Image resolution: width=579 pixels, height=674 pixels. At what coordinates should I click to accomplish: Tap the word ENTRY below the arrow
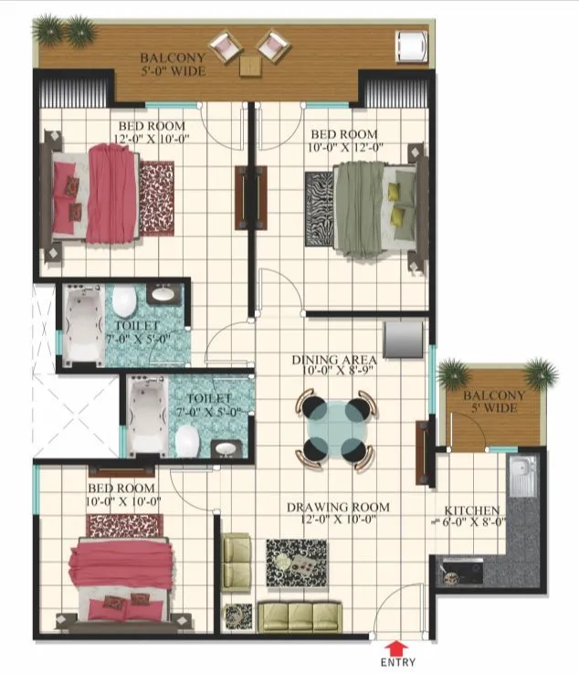[397, 663]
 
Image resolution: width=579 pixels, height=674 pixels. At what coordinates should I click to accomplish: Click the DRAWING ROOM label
[337, 507]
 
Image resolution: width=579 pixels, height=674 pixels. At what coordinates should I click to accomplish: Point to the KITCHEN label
[471, 510]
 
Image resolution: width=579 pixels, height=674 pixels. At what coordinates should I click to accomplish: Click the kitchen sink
[521, 475]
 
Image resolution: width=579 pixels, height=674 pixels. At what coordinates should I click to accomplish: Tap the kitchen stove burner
[451, 575]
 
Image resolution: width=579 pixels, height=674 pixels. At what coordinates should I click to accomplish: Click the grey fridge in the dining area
[403, 338]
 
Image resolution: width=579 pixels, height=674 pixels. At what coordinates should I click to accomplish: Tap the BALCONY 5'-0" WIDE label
[173, 63]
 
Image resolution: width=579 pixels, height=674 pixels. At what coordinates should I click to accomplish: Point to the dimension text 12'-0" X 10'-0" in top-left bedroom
[151, 139]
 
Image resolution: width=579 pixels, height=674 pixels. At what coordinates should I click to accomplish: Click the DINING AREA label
[334, 360]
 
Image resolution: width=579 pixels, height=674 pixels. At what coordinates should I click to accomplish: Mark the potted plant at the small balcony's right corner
[541, 372]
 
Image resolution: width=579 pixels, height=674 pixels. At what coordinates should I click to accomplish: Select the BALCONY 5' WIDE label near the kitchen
[494, 402]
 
